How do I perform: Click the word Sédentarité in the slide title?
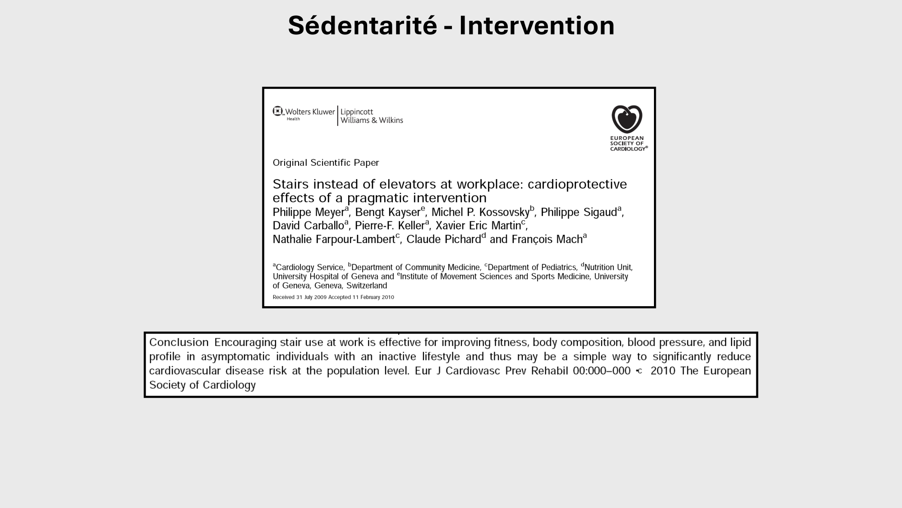(362, 25)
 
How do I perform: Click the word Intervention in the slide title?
(537, 25)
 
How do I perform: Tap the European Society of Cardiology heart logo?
(627, 119)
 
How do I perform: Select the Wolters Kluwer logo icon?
(277, 111)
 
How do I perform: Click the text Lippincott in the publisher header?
(357, 112)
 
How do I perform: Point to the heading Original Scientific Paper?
(326, 163)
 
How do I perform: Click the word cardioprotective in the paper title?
(577, 184)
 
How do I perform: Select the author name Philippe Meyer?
(308, 212)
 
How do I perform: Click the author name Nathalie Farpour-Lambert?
(334, 239)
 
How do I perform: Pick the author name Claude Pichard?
(443, 239)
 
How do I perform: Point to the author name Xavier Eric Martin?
(478, 226)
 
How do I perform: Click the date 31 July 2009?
(311, 297)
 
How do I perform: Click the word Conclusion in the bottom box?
(179, 342)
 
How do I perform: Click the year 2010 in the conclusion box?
(663, 371)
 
